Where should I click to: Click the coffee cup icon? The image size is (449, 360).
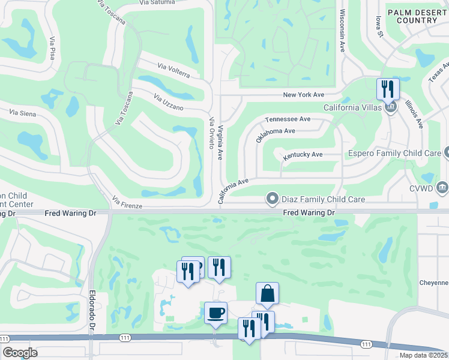pos(215,312)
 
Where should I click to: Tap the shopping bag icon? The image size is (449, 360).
pos(267,293)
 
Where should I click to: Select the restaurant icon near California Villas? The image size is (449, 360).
pos(387,89)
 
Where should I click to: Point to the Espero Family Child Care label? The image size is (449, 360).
pos(395,154)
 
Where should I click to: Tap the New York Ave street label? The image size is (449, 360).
pos(303,95)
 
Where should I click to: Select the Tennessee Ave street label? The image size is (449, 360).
pos(288,119)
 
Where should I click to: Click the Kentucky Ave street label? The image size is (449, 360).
pos(303,155)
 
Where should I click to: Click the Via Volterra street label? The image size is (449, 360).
pos(173,70)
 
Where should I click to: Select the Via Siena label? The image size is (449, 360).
pos(23,112)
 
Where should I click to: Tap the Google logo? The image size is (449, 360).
pos(20,353)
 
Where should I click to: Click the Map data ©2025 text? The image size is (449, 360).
pos(423,355)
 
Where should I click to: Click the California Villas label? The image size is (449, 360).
pos(352,107)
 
